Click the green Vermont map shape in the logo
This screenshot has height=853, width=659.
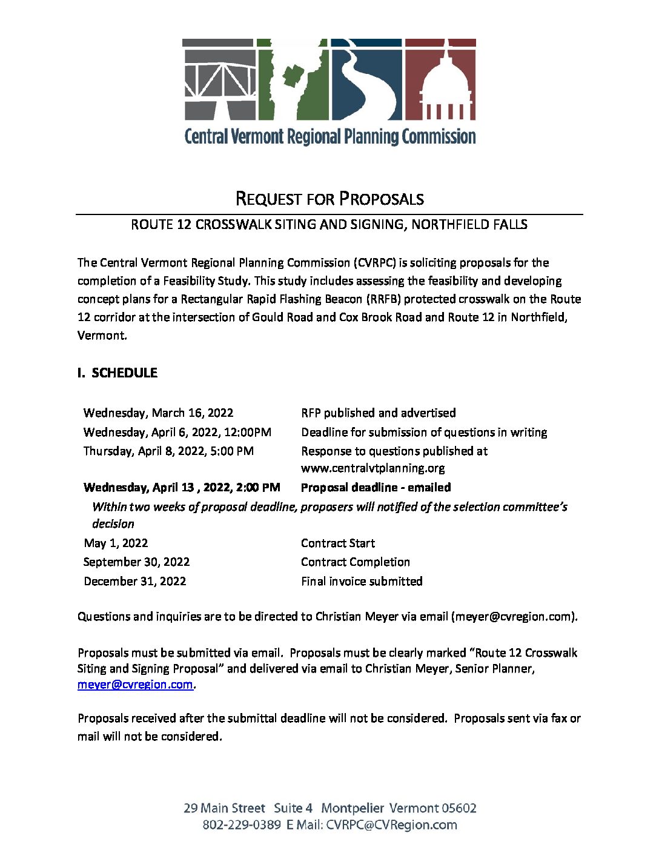tap(293, 79)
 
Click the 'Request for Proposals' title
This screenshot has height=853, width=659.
tap(329, 199)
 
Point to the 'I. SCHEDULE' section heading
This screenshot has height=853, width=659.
tap(118, 373)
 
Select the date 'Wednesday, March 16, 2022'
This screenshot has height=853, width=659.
tap(158, 413)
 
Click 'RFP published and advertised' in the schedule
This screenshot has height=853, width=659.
tap(378, 413)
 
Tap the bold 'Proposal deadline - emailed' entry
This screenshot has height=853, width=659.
tap(376, 488)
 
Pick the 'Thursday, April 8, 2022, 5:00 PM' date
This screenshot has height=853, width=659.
tap(168, 451)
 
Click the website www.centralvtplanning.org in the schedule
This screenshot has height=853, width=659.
tap(373, 468)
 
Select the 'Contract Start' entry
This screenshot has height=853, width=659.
tap(337, 543)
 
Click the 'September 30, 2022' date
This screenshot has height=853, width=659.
tap(136, 562)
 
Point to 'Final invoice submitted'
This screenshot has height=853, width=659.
tap(362, 582)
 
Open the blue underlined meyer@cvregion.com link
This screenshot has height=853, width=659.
tap(135, 685)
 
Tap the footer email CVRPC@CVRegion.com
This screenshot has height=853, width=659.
tap(391, 825)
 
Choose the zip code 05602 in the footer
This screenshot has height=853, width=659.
tap(459, 808)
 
